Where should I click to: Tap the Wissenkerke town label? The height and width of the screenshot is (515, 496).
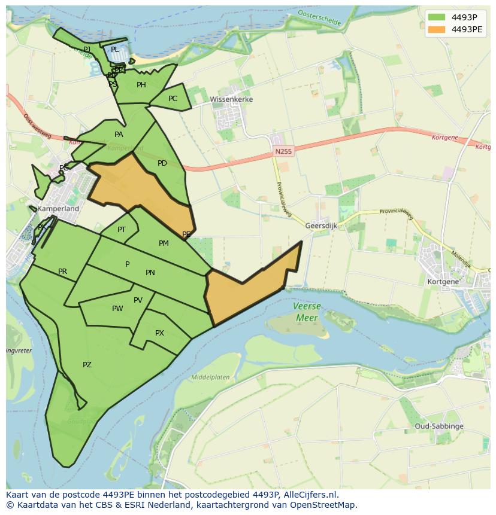(x=231, y=99)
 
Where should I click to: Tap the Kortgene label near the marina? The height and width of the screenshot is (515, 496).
(x=443, y=281)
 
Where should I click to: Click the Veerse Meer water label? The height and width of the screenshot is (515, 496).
(x=307, y=312)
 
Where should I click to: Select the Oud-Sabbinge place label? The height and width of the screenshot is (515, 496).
(x=439, y=426)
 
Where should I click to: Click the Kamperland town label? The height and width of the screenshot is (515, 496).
(x=58, y=209)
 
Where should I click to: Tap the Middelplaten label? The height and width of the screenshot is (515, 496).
(x=210, y=377)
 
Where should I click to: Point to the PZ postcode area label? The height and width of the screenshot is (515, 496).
(x=87, y=365)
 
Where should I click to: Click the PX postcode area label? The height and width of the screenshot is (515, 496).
(x=159, y=333)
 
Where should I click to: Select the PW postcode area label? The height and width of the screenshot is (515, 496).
(x=117, y=309)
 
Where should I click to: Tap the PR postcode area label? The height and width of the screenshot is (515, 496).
(x=62, y=272)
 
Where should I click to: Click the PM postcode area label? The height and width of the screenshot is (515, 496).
(x=164, y=243)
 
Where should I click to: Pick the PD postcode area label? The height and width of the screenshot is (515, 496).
(x=162, y=163)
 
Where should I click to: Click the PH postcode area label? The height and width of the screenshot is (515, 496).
(x=141, y=85)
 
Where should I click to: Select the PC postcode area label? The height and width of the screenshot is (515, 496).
(x=173, y=99)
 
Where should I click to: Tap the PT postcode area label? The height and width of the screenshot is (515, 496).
(x=122, y=230)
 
